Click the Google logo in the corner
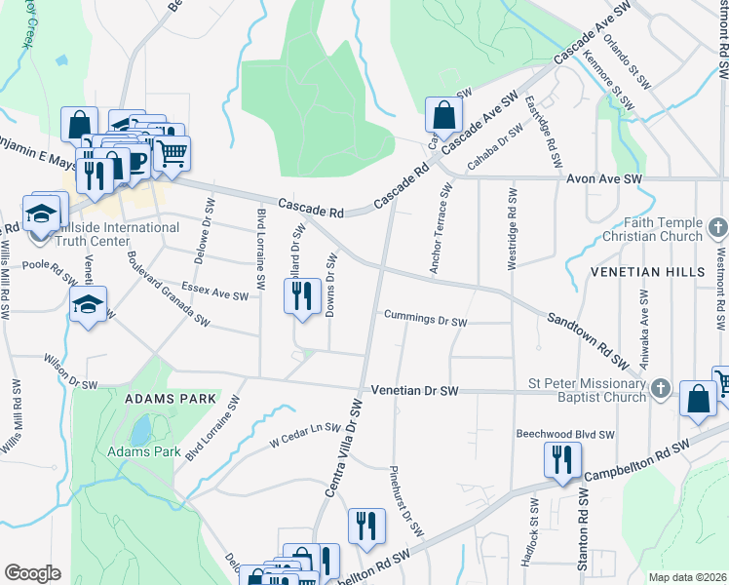[x=32, y=573]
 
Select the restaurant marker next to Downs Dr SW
[x=302, y=294]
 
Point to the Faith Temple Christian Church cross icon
[x=718, y=229]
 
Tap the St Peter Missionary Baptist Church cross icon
[x=660, y=389]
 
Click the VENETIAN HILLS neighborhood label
[x=652, y=272]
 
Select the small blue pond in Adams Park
[x=142, y=429]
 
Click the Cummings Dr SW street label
[x=425, y=320]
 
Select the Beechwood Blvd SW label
[x=564, y=434]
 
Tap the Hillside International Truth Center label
[x=117, y=234]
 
